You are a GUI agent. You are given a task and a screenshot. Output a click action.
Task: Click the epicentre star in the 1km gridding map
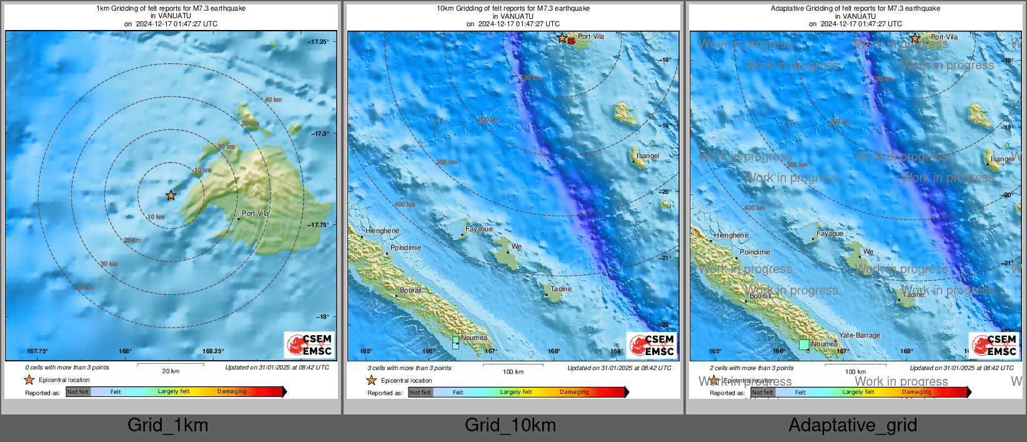click(171, 196)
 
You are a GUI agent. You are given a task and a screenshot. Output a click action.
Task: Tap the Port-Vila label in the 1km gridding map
click(256, 213)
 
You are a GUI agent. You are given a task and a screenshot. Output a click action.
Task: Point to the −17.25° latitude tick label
click(318, 42)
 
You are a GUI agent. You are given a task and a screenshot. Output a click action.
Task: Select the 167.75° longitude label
click(37, 351)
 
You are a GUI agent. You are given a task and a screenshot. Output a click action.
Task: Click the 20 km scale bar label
click(171, 371)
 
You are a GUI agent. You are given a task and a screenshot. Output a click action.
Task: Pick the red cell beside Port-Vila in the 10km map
click(571, 41)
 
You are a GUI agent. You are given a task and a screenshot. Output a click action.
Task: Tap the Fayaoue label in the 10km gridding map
click(479, 229)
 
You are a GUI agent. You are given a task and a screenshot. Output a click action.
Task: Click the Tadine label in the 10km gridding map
click(561, 289)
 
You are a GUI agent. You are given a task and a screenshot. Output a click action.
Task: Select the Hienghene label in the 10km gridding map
click(382, 231)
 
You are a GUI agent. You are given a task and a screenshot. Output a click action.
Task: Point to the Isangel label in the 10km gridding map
click(648, 156)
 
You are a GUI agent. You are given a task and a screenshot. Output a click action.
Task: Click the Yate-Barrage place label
click(860, 336)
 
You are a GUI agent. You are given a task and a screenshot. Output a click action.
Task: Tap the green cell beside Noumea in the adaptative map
click(804, 344)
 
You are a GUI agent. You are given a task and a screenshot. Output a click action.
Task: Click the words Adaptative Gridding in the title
click(806, 9)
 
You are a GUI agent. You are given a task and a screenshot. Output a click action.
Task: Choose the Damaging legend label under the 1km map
click(232, 392)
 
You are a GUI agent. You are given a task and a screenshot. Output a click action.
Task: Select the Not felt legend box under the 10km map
click(420, 393)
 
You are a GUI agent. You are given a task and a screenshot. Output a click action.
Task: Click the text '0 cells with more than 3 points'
click(67, 368)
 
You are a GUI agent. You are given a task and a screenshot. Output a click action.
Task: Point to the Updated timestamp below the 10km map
click(619, 368)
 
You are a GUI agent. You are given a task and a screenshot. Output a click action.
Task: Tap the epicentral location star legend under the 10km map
click(372, 380)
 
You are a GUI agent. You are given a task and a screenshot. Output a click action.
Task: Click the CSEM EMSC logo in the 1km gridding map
click(309, 344)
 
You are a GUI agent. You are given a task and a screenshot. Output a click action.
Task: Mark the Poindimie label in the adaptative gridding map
click(755, 253)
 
